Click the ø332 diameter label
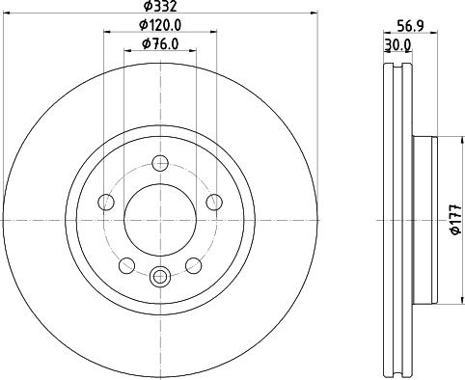160,6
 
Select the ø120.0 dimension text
160,25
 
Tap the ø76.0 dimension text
160,44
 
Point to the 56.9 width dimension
411,26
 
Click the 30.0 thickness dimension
397,45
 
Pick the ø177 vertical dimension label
455,220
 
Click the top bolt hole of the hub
160,163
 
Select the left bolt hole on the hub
106,202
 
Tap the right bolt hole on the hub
214,202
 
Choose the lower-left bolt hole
126,265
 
